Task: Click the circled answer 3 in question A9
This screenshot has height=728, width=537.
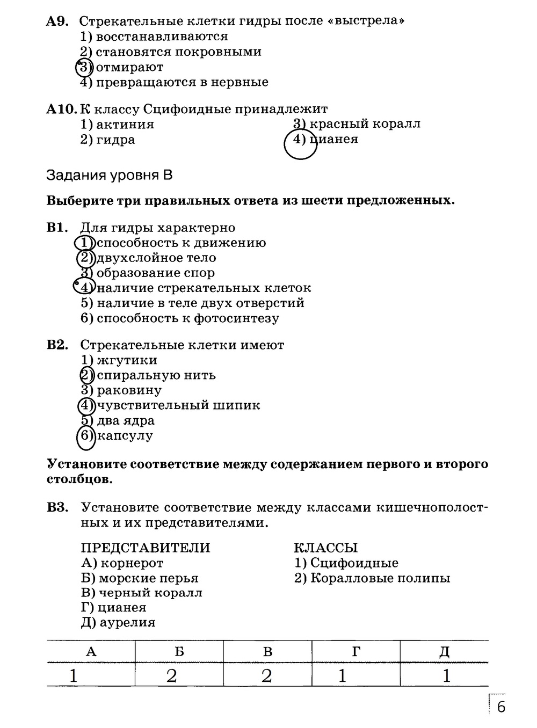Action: [x=84, y=67]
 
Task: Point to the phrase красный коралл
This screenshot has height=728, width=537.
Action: [x=365, y=124]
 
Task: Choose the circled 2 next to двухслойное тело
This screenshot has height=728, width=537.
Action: [x=85, y=258]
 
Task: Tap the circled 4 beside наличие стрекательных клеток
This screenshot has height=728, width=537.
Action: [x=84, y=288]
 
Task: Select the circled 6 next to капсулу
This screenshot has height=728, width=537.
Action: [x=86, y=435]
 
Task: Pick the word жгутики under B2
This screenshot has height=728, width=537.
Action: [x=127, y=360]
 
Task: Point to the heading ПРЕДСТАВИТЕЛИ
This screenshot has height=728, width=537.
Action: [x=145, y=548]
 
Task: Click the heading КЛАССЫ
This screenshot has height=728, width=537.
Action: [x=325, y=548]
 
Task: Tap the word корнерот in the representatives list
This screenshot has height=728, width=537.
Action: [x=132, y=563]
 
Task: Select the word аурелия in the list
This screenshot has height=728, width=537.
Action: [x=128, y=623]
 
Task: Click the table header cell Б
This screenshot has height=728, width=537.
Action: [x=179, y=652]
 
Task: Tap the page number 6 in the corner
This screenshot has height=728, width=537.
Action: [x=500, y=707]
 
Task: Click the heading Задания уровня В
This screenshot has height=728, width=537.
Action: [x=110, y=176]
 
